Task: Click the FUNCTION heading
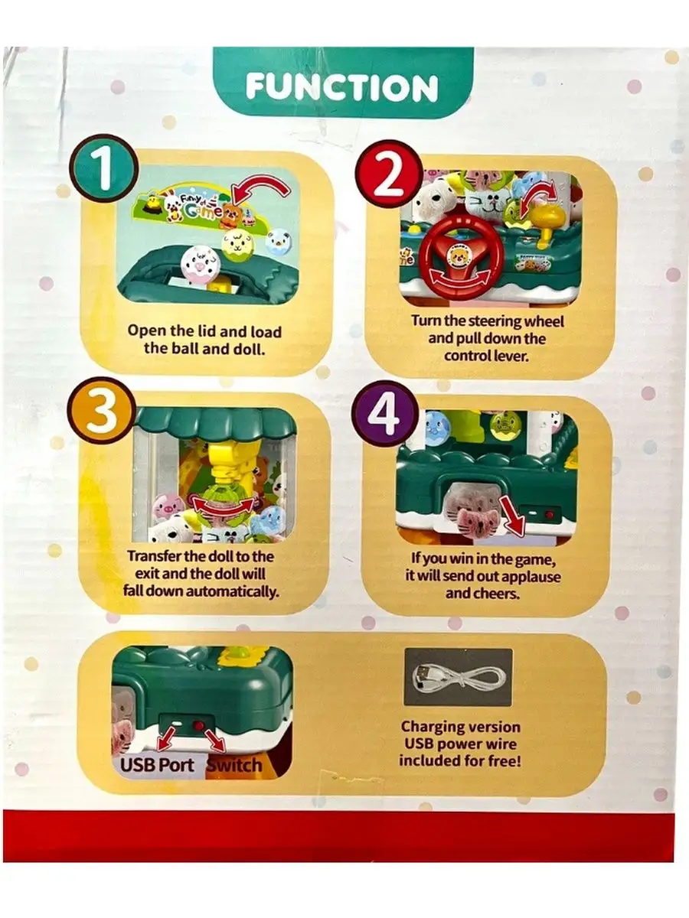(x=342, y=88)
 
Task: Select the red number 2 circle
(x=389, y=174)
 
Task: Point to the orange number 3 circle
(x=101, y=411)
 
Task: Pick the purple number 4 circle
(x=385, y=414)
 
